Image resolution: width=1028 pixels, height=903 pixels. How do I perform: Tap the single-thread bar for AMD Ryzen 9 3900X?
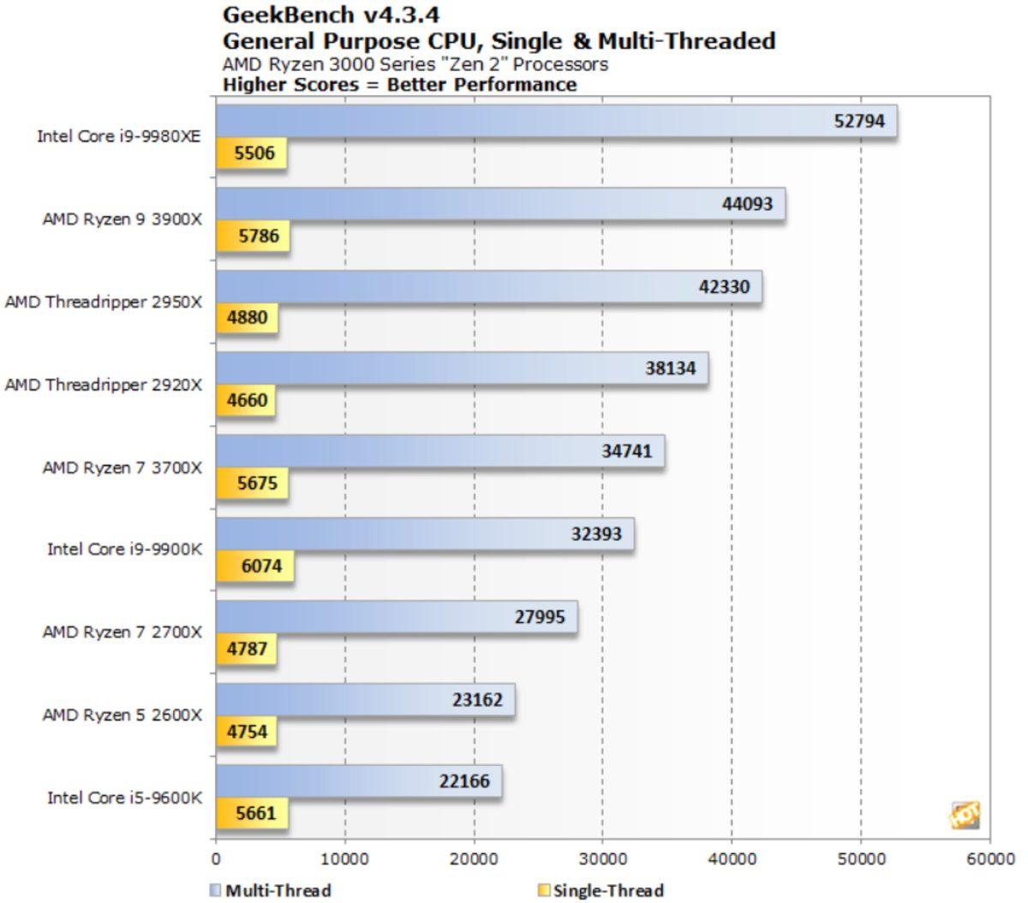point(252,236)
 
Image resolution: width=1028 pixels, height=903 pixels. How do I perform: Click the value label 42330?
point(724,287)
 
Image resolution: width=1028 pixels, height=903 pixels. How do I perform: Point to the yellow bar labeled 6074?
point(254,566)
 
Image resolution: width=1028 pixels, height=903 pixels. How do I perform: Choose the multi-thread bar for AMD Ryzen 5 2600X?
point(365,701)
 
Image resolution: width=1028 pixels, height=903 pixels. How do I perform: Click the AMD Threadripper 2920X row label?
point(104,385)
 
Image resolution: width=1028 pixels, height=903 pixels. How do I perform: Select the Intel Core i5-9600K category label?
point(124,798)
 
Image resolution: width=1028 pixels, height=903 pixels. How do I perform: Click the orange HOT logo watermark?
point(965,815)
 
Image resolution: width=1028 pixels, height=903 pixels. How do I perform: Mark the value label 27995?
point(540,617)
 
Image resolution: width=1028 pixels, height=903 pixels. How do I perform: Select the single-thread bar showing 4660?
point(245,400)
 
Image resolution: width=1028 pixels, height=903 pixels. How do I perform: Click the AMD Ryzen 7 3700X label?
point(123,468)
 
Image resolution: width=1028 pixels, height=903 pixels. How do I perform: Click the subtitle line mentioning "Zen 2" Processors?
point(415,64)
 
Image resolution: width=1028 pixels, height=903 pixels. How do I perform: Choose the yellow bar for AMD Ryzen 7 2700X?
point(246,649)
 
